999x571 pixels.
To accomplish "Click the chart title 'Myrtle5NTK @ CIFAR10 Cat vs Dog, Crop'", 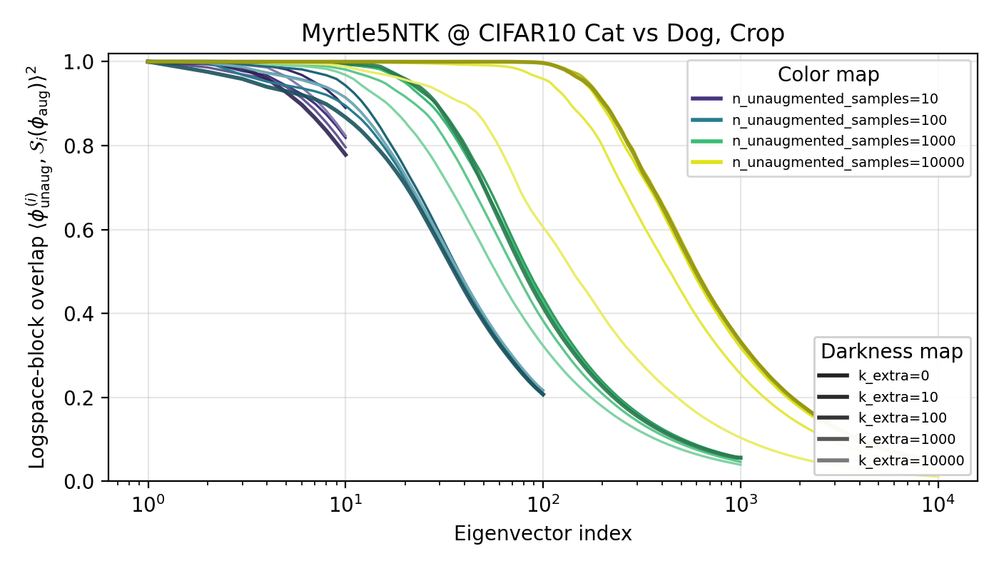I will (x=542, y=34).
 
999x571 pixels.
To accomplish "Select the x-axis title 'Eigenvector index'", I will (x=542, y=534).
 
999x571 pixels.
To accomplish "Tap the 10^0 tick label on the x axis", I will (x=148, y=505).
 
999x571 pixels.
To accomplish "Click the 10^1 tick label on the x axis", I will (x=345, y=505).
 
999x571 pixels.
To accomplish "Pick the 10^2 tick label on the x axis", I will (x=543, y=505).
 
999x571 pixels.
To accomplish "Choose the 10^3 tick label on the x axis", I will (x=741, y=505).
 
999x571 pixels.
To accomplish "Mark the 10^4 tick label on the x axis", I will (x=938, y=505).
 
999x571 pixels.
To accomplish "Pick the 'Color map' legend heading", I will (x=828, y=75).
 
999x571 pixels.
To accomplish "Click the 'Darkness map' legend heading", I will (x=892, y=351).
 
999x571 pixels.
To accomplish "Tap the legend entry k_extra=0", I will (x=893, y=375).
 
